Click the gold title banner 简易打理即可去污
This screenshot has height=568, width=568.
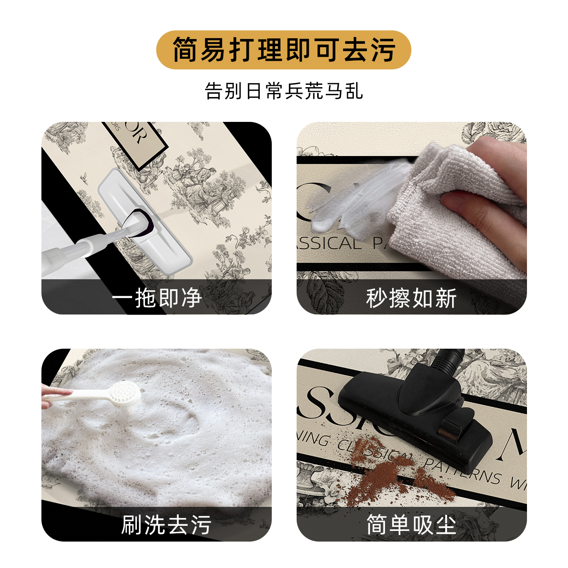pos(284,50)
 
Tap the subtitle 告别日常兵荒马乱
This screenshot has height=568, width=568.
pos(284,91)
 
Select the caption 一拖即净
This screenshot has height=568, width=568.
pos(157,298)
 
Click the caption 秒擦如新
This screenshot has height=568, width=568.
pos(411,298)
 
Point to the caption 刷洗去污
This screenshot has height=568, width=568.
pos(166,525)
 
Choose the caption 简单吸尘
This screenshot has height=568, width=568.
pos(411,525)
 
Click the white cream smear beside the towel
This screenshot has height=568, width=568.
pos(355,201)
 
